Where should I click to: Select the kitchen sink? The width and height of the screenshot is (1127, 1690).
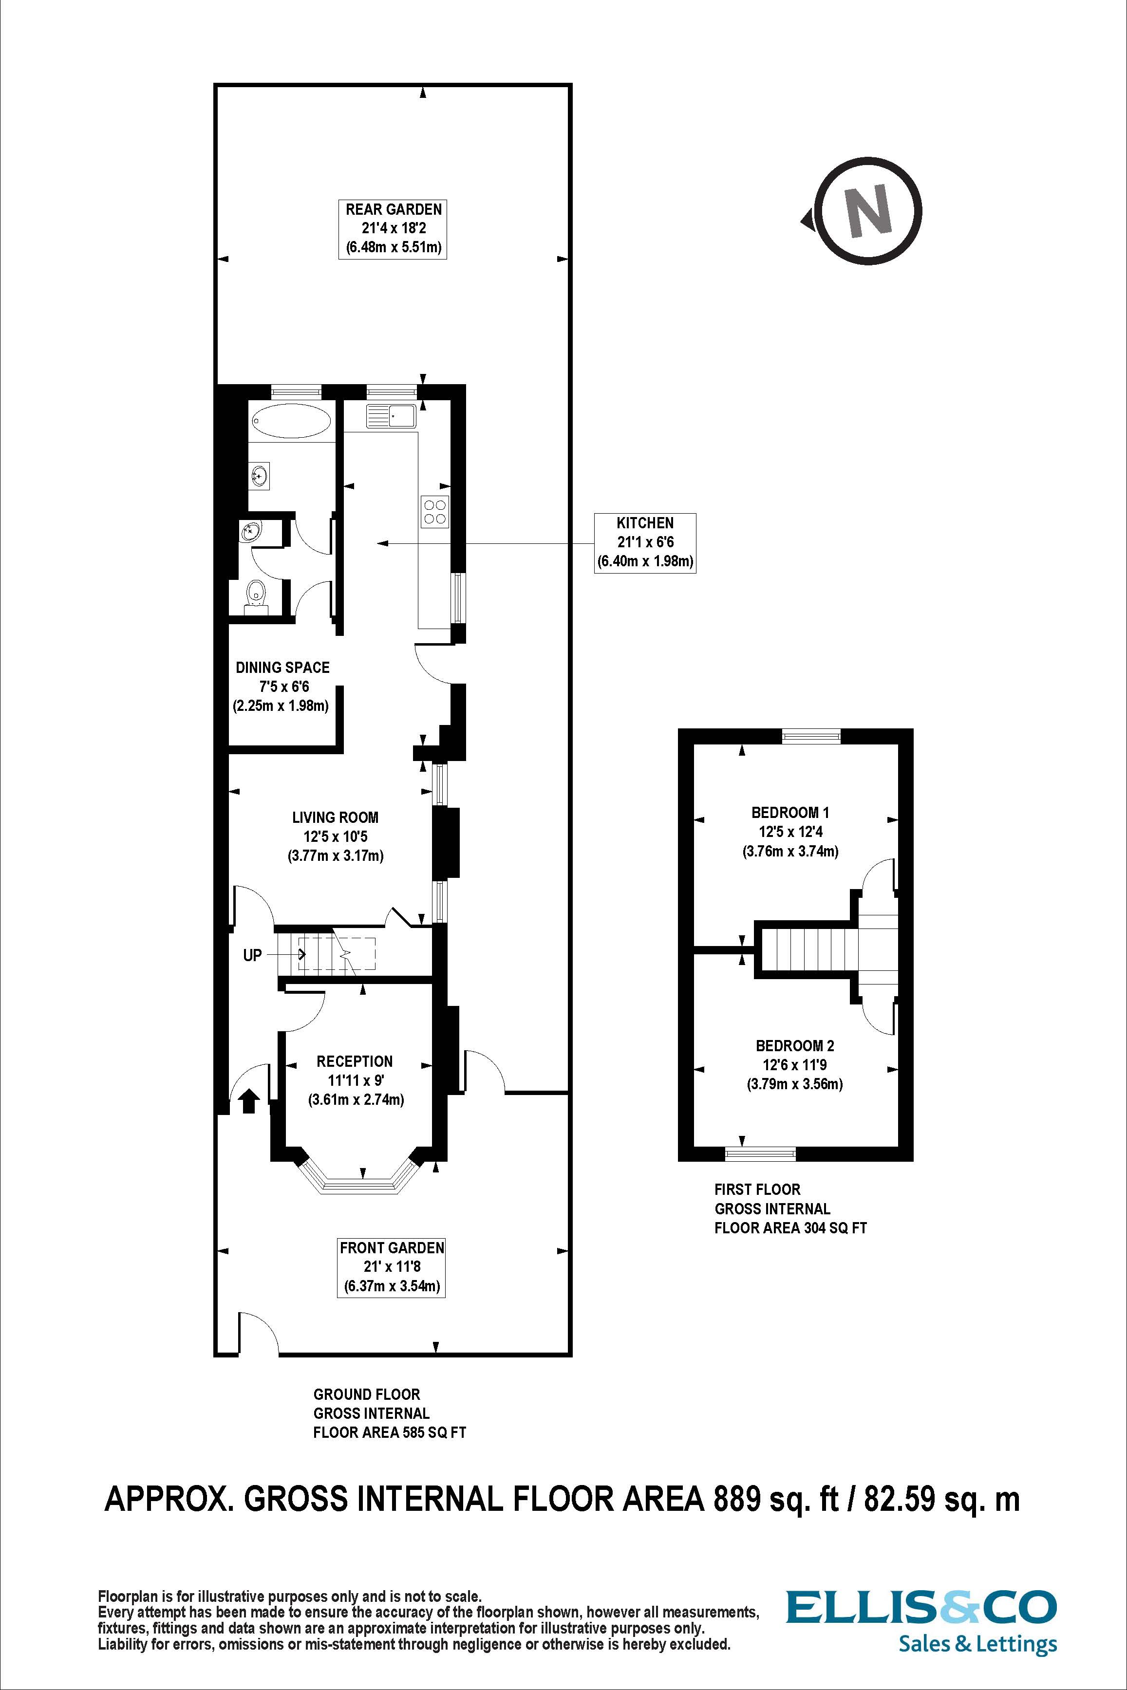click(390, 416)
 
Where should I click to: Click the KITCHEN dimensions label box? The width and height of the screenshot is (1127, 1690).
click(645, 542)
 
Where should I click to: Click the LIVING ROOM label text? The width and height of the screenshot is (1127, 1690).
click(335, 817)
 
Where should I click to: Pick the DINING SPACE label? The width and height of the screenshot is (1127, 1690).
click(282, 668)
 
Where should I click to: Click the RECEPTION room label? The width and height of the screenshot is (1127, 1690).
click(355, 1061)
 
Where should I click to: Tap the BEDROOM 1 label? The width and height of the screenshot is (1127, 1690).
click(790, 813)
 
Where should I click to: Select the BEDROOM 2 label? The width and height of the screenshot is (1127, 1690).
click(794, 1045)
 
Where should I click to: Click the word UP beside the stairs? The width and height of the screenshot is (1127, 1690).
click(252, 955)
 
